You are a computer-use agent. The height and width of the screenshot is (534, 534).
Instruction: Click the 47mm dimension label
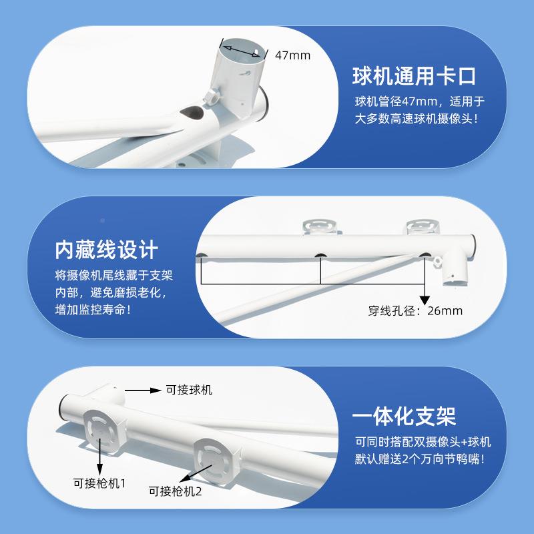click(x=292, y=55)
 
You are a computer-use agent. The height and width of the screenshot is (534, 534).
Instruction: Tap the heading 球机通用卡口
click(x=414, y=75)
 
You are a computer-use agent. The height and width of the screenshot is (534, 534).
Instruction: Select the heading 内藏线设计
click(x=107, y=250)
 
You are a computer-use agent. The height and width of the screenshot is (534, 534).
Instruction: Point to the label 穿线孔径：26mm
click(x=415, y=310)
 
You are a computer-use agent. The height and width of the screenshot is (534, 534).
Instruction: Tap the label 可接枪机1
click(x=99, y=483)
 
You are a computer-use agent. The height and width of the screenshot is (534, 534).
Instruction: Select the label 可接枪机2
click(x=176, y=493)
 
